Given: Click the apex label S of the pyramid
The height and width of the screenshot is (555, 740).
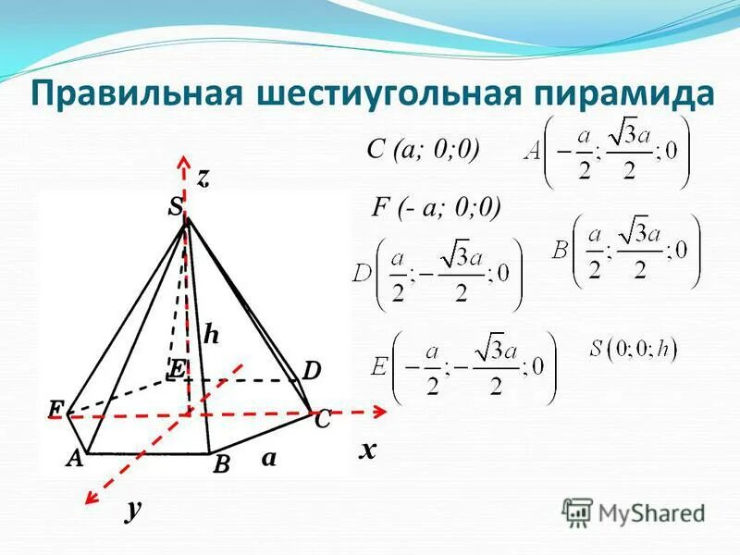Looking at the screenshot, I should tap(174, 209).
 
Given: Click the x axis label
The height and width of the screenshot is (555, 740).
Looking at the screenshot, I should tap(369, 450).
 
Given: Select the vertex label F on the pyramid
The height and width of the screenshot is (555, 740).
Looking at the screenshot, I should tap(56, 408).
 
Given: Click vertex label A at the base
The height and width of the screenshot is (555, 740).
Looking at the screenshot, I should tap(73, 457).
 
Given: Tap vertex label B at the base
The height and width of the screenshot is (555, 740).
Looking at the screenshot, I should tap(221, 465).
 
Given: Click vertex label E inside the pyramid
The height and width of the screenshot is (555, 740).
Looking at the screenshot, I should tap(176, 369).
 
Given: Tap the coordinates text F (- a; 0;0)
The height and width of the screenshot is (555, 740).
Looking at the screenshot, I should tap(435, 208).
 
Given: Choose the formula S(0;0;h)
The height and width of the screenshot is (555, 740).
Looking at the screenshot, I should tap(634, 350).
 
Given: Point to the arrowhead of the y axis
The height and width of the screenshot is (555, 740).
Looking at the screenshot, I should tap(91, 499).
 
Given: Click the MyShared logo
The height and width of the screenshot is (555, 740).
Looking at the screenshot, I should tap(634, 512).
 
